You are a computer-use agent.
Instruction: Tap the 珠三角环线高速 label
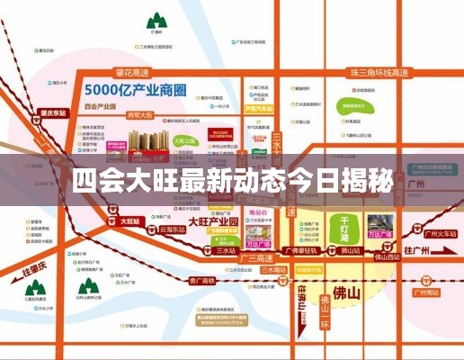[x=372, y=71]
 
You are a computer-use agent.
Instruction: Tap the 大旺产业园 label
[x=212, y=220]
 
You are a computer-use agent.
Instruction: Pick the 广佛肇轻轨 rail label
[x=305, y=250]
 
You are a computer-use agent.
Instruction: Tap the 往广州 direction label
[x=418, y=249]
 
